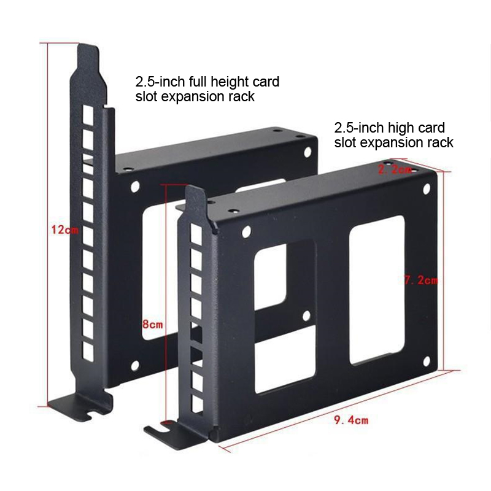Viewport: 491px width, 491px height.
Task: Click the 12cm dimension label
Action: click(65, 230)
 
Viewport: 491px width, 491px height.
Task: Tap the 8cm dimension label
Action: click(152, 325)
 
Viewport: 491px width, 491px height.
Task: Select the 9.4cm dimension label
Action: click(351, 420)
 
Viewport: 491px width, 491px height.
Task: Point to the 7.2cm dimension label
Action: click(421, 280)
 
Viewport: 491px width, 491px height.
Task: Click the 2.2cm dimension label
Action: click(395, 170)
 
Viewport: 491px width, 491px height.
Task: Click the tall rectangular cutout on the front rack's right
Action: click(377, 290)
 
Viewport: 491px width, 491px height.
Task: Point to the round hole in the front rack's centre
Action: click(306, 315)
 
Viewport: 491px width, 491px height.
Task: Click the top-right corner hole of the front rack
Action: click(427, 189)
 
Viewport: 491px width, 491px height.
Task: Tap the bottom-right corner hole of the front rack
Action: click(427, 361)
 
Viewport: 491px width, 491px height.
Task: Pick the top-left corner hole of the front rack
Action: click(247, 232)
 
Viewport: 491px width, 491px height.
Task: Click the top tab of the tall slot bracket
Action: click(88, 60)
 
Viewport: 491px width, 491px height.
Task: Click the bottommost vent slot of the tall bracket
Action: click(88, 351)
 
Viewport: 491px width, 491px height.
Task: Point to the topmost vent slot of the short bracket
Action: click(196, 234)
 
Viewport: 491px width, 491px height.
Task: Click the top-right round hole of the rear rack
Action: click(307, 152)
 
